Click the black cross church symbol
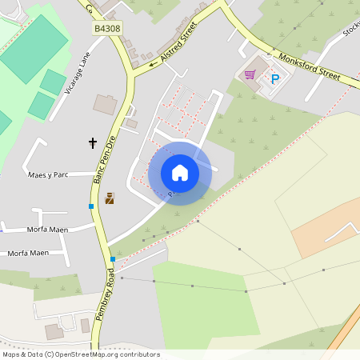pos(93,143)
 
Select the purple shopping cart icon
pos(250,74)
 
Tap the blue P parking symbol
pos(275,78)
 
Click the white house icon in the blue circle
pos(179,173)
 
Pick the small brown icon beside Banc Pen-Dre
pos(110,198)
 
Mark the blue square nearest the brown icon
pos(92,206)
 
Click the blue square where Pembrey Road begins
pos(113,259)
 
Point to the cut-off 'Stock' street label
pos(350,30)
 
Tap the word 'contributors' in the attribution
pos(139,354)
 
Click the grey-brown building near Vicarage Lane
pos(105,104)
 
